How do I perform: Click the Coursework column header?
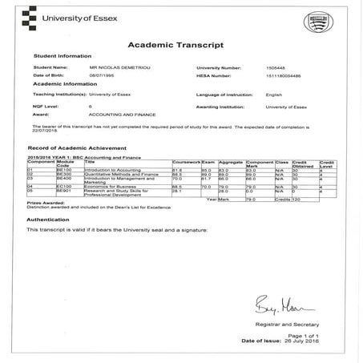(185, 163)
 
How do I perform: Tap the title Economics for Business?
(114, 186)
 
